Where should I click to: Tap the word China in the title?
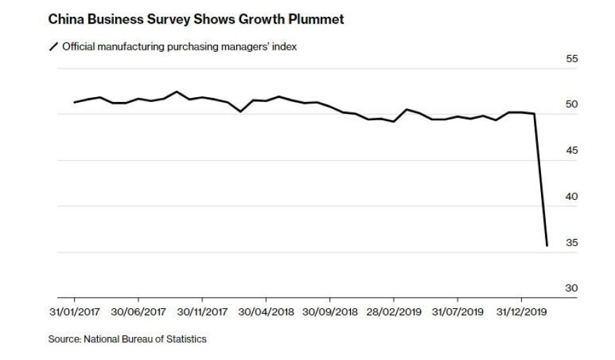point(64,20)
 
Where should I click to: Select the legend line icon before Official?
point(53,47)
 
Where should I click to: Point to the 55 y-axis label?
point(572,59)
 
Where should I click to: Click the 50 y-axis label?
point(572,105)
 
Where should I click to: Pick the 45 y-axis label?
point(572,151)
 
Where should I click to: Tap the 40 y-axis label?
point(572,196)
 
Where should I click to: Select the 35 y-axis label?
point(572,243)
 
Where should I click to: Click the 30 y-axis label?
point(572,288)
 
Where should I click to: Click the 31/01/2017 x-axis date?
point(75,310)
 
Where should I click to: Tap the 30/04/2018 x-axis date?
point(267,310)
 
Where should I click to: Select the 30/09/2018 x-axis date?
point(331,310)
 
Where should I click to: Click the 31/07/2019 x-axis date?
point(458,310)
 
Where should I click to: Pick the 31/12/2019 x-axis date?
point(522,310)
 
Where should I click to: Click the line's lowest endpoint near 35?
point(547,245)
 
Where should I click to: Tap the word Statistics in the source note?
point(184,340)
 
